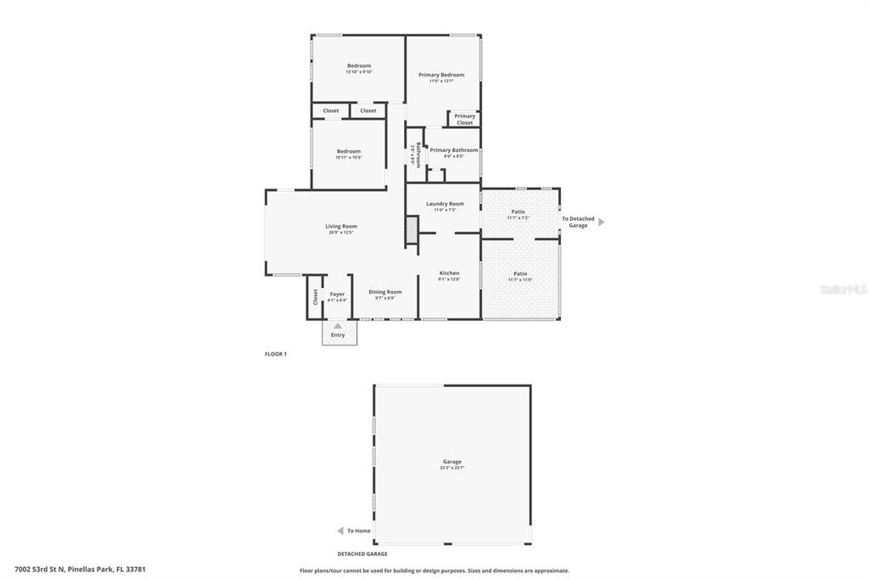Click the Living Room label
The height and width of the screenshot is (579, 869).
pos(341,226)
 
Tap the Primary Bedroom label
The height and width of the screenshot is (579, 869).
pos(441,75)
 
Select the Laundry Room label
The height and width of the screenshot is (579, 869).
pos(445,204)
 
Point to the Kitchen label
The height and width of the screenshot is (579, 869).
pos(449,273)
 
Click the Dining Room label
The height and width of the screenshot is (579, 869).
pos(385,292)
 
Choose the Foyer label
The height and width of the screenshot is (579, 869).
pos(337,294)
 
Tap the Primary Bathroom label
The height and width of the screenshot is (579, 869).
pos(453,150)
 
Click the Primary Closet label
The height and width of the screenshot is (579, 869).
pos(465,120)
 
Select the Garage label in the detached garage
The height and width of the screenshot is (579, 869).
pos(452,462)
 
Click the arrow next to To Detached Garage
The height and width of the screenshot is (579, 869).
pos(602,222)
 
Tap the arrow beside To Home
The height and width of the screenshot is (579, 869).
pos(340,531)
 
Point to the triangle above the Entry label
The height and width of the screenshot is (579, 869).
pos(338,326)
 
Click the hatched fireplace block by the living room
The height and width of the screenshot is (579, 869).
pos(412,230)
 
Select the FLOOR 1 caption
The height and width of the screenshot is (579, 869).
pos(276,354)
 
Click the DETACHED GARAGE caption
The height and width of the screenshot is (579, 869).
pos(362,554)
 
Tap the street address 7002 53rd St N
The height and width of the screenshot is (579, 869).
pos(80,570)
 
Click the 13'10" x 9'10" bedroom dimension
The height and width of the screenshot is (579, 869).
pos(359,72)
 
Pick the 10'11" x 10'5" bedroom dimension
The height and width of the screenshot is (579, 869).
pos(349,158)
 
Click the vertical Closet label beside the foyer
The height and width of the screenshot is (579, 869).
pos(315,297)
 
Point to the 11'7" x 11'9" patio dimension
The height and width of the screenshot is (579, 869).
pos(520,280)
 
